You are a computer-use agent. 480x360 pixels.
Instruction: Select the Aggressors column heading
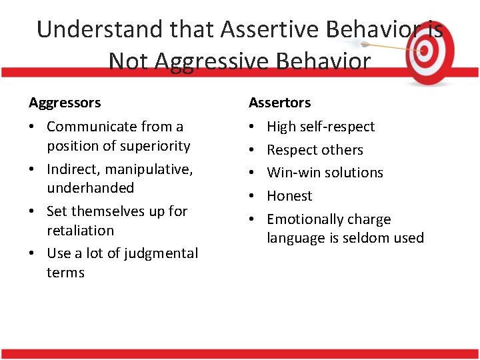click(65, 103)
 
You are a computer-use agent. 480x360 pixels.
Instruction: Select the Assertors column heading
click(279, 103)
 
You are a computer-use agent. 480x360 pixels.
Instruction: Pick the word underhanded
click(90, 188)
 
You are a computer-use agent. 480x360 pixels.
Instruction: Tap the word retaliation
click(80, 231)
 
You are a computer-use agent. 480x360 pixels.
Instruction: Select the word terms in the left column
click(65, 273)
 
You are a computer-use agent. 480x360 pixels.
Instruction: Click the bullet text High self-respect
click(321, 127)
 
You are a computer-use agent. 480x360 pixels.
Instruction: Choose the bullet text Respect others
click(315, 150)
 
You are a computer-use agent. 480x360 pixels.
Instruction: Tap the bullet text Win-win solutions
click(325, 173)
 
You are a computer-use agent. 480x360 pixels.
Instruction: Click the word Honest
click(289, 196)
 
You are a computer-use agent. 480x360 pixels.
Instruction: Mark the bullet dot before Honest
click(254, 196)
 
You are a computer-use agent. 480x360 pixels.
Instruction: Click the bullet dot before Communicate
click(34, 127)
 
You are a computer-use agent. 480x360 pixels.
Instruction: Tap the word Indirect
click(71, 169)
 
